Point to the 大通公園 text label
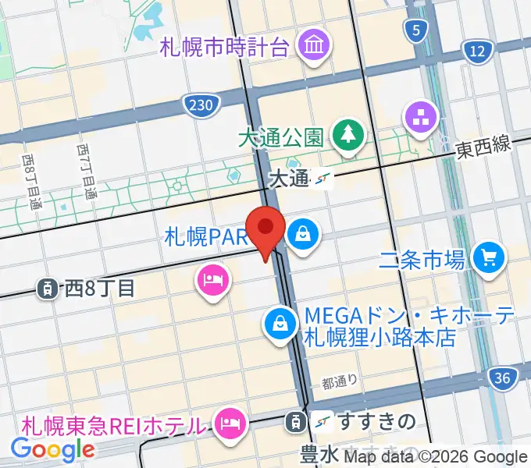click(281, 138)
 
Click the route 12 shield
click(477, 52)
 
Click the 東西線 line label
click(483, 144)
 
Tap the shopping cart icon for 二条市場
click(490, 258)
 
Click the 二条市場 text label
click(423, 258)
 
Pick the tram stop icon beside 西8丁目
click(48, 289)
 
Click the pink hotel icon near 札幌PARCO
click(212, 279)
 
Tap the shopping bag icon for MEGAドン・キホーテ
click(279, 324)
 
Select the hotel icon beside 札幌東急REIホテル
click(229, 424)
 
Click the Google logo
click(52, 448)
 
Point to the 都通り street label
click(340, 382)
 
